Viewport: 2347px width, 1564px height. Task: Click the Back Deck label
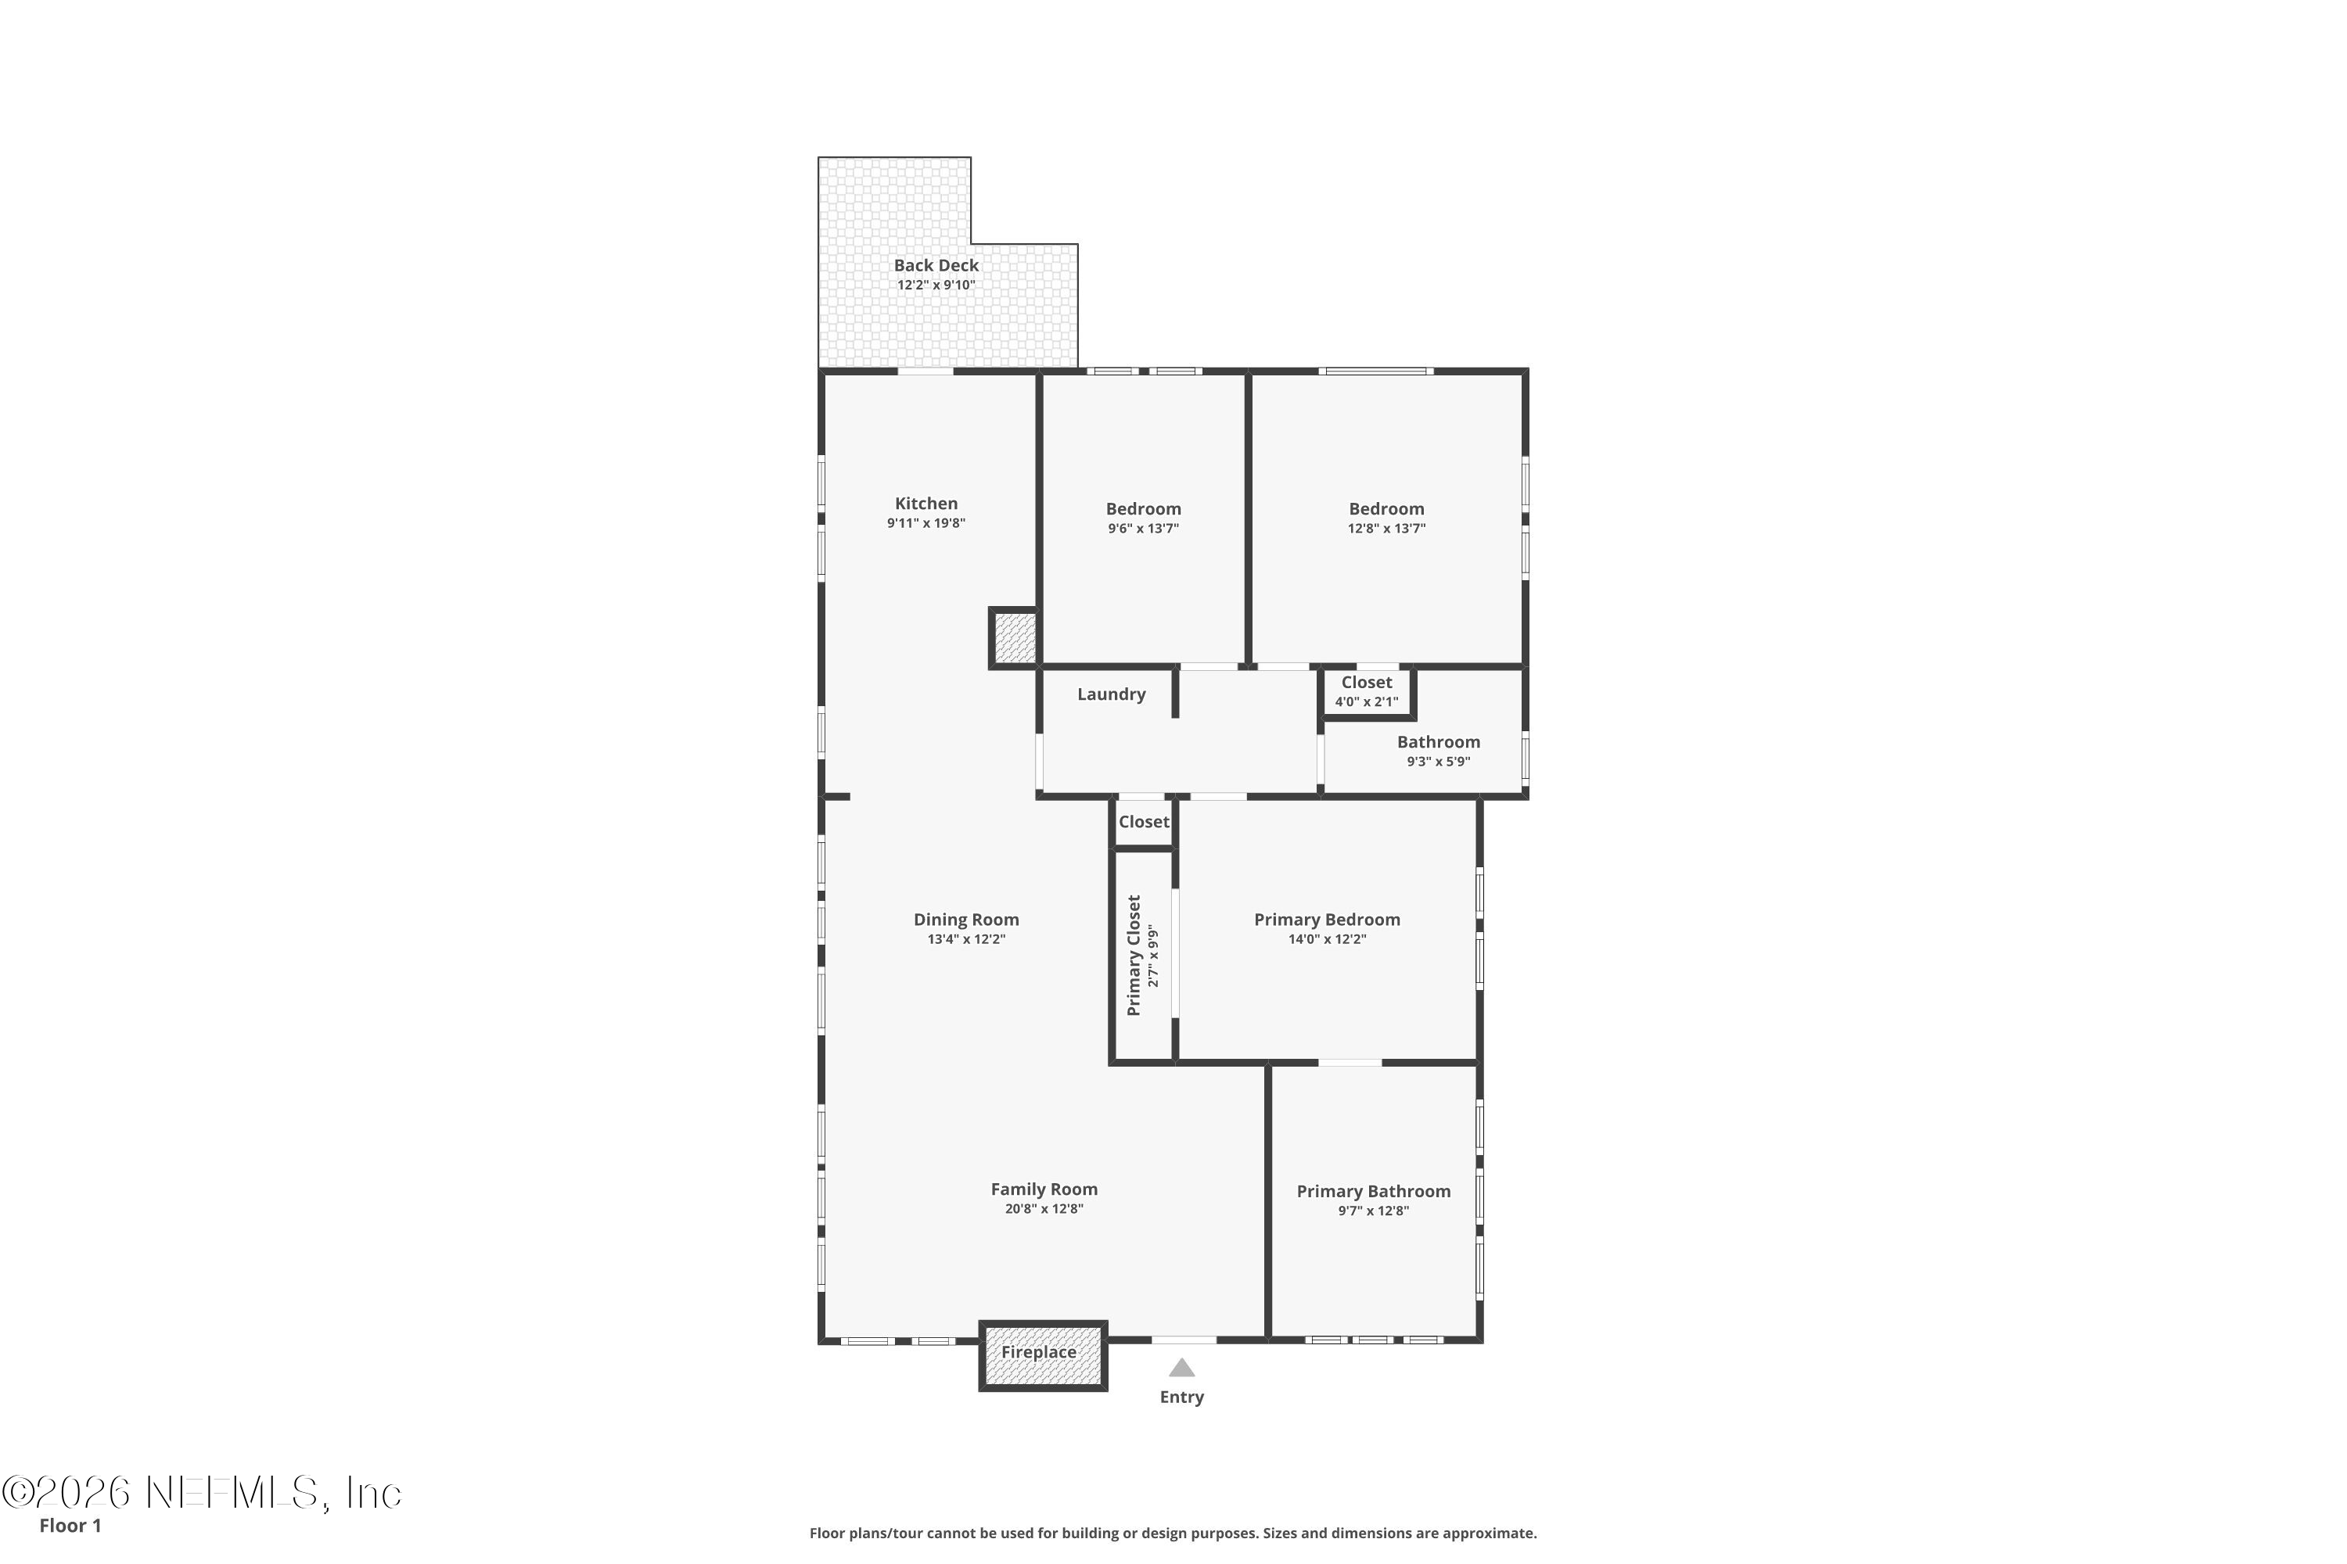click(x=936, y=265)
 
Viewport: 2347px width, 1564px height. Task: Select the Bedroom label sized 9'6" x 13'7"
click(x=1144, y=509)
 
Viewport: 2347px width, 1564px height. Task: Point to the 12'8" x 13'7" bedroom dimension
click(x=1387, y=529)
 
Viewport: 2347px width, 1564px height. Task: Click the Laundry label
click(x=1112, y=694)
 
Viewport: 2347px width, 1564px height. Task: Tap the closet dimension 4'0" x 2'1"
click(x=1367, y=702)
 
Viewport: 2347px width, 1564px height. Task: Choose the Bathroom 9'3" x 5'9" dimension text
click(x=1439, y=762)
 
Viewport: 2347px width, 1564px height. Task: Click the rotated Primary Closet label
click(x=1134, y=956)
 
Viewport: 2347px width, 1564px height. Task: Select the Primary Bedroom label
click(x=1327, y=920)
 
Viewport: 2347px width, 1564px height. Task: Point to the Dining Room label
click(x=966, y=920)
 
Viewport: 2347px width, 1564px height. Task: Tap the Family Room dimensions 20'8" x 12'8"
click(x=1044, y=1209)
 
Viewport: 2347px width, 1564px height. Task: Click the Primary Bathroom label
click(x=1374, y=1191)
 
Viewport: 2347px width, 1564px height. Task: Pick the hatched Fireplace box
click(x=1043, y=1354)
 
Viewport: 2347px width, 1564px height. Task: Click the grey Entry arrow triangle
click(x=1181, y=1368)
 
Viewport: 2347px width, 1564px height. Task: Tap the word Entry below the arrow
click(x=1181, y=1397)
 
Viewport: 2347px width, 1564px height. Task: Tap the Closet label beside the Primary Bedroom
click(x=1144, y=822)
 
